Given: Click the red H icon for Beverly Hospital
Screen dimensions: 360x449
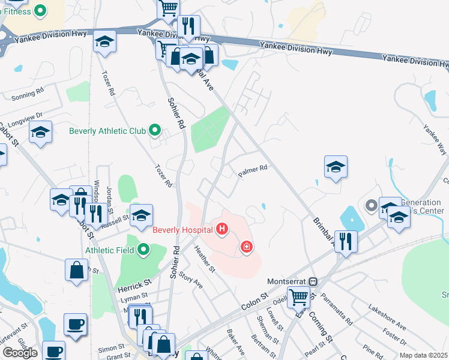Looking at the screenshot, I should [x=222, y=229].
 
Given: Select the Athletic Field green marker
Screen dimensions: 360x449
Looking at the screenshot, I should [x=143, y=249].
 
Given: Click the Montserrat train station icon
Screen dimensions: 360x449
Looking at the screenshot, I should [x=312, y=281].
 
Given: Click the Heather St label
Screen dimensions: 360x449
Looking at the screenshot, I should [x=205, y=260].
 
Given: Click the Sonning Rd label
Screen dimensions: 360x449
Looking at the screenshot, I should [x=28, y=94].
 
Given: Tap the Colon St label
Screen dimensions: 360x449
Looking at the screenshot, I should [x=255, y=301].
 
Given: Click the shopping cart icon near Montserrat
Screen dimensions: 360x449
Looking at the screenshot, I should [x=298, y=296].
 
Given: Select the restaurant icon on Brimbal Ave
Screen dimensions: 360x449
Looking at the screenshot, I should [x=345, y=241].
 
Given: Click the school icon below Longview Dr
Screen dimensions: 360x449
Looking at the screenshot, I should [x=40, y=133].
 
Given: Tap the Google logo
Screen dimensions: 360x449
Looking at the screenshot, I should [x=20, y=353].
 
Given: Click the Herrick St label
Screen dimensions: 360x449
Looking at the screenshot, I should [x=134, y=281].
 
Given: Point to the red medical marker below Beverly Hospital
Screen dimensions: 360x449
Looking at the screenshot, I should [x=246, y=247].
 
